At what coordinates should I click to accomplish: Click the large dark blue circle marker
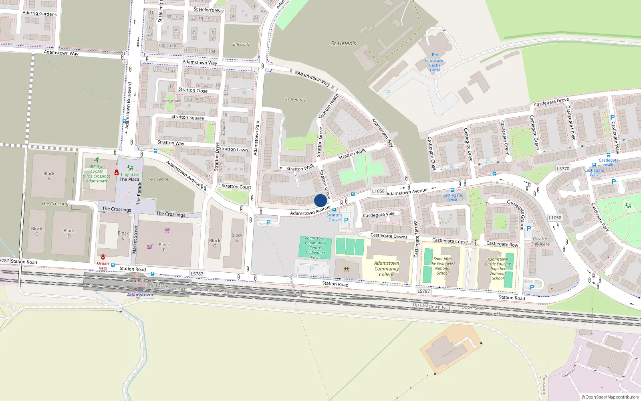click(320, 200)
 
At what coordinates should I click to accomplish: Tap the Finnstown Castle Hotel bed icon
click(435, 55)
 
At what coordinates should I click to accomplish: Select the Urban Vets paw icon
click(103, 257)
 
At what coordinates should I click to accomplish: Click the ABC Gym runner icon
click(97, 160)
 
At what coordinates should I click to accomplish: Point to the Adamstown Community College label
click(387, 269)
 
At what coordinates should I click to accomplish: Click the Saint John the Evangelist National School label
click(443, 266)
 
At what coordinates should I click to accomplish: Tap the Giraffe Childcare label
click(540, 241)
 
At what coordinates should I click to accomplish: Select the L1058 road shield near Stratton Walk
click(378, 191)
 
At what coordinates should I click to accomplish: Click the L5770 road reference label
click(563, 169)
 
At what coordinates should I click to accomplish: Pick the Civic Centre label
click(158, 179)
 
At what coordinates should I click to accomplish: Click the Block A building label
click(49, 176)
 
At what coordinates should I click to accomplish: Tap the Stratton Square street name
click(187, 117)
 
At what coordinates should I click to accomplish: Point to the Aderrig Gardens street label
click(40, 13)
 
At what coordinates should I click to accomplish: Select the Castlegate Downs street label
click(389, 236)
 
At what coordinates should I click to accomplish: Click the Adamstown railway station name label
click(140, 295)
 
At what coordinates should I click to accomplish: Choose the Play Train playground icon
click(130, 168)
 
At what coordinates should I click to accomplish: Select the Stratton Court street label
click(236, 186)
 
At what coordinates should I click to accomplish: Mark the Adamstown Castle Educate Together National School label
click(498, 269)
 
